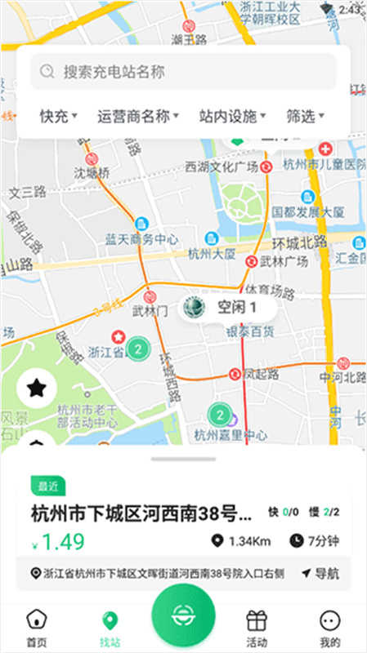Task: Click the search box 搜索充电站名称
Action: point(183,72)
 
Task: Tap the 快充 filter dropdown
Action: point(58,116)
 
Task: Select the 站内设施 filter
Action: point(233,116)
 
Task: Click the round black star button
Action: point(37,388)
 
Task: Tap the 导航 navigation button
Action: point(320,574)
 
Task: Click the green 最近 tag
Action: point(47,486)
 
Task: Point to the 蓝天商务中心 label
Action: point(141,239)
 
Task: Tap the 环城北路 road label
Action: point(299,242)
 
